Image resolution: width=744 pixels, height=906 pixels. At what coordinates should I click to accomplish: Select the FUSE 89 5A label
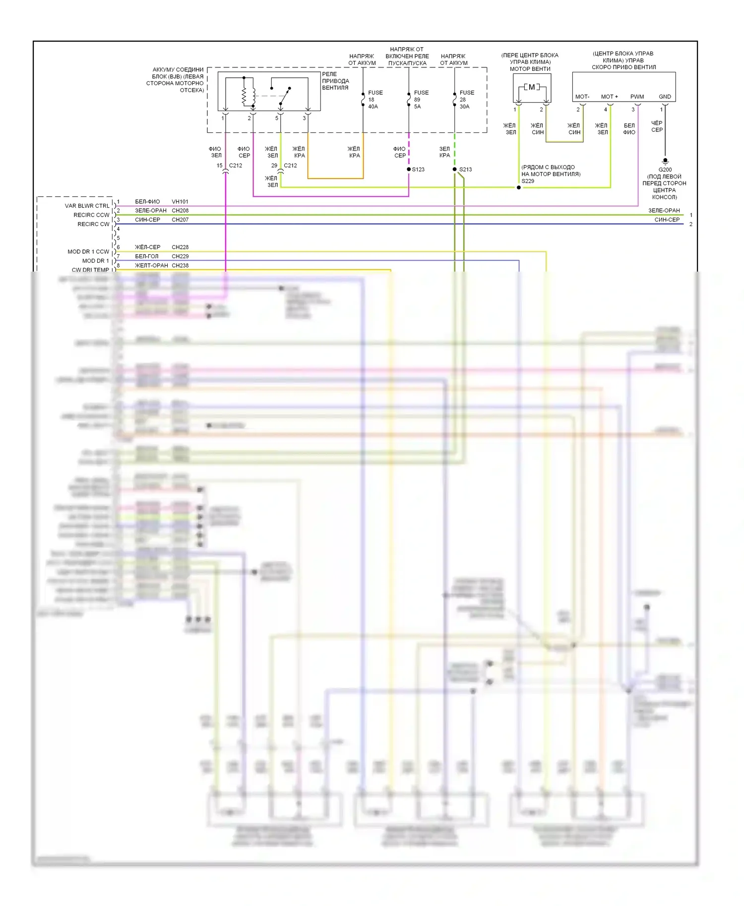click(421, 100)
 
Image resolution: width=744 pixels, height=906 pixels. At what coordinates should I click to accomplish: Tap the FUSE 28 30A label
click(466, 100)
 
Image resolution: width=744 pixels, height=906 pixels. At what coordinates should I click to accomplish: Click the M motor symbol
click(532, 87)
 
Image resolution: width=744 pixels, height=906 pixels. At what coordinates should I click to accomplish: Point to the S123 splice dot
click(409, 170)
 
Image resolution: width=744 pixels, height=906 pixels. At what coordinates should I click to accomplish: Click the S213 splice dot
click(454, 170)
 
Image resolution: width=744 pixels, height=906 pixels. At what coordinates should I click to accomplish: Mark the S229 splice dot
click(519, 187)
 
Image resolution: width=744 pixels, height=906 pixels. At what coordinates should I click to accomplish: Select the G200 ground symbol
click(665, 161)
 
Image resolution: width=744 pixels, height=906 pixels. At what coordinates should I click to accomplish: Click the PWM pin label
click(637, 97)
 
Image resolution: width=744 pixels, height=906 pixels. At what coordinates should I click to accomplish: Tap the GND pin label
click(665, 97)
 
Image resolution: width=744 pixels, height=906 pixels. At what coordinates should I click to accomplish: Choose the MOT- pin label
click(582, 97)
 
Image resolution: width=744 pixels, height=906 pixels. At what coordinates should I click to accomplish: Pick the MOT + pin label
click(609, 97)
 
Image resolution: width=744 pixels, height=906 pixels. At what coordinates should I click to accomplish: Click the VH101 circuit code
click(180, 202)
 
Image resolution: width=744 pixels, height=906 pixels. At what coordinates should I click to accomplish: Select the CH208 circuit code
click(180, 211)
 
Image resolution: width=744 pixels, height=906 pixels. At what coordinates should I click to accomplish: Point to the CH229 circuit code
click(180, 256)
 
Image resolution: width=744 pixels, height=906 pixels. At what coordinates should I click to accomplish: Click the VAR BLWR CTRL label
click(87, 206)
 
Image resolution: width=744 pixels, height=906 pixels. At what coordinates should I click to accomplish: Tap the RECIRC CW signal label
click(93, 224)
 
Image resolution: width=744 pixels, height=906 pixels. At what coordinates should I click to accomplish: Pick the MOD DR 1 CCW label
click(88, 252)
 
